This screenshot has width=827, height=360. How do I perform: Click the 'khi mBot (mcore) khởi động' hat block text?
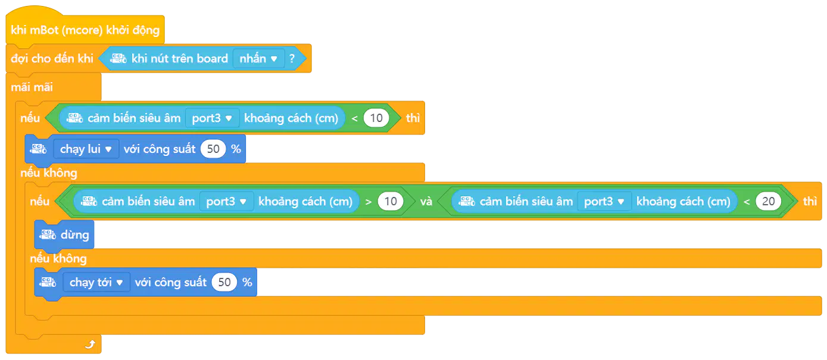[x=85, y=30]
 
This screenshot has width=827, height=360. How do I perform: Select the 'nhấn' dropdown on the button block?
[x=258, y=58]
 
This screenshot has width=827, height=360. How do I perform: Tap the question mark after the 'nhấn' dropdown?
[x=292, y=58]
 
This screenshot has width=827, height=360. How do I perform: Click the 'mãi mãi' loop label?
[x=32, y=87]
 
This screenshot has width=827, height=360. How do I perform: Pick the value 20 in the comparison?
[x=768, y=201]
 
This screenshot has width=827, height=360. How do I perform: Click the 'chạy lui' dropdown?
[x=86, y=149]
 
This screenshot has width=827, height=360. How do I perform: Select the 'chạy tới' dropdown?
[x=96, y=282]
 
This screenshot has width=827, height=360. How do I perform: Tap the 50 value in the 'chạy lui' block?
[x=213, y=149]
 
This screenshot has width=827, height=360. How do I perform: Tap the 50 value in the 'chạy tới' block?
[x=224, y=282]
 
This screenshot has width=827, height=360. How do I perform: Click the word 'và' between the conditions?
[x=426, y=201]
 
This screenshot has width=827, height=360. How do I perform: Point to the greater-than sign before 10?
[x=368, y=202]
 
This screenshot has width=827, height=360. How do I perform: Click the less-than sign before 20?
[x=747, y=202]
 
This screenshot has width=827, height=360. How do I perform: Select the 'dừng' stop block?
[x=64, y=234]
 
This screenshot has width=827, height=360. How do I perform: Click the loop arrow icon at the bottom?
[x=90, y=344]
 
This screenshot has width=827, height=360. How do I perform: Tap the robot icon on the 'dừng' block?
[x=48, y=234]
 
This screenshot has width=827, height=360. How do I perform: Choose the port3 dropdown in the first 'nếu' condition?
[x=212, y=118]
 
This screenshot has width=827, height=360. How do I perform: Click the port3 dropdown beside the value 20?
[x=604, y=201]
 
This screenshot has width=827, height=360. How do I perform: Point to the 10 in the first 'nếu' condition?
[x=376, y=118]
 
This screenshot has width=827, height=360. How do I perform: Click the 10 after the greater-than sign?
[x=391, y=201]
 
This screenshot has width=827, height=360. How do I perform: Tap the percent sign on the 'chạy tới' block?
[x=247, y=282]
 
